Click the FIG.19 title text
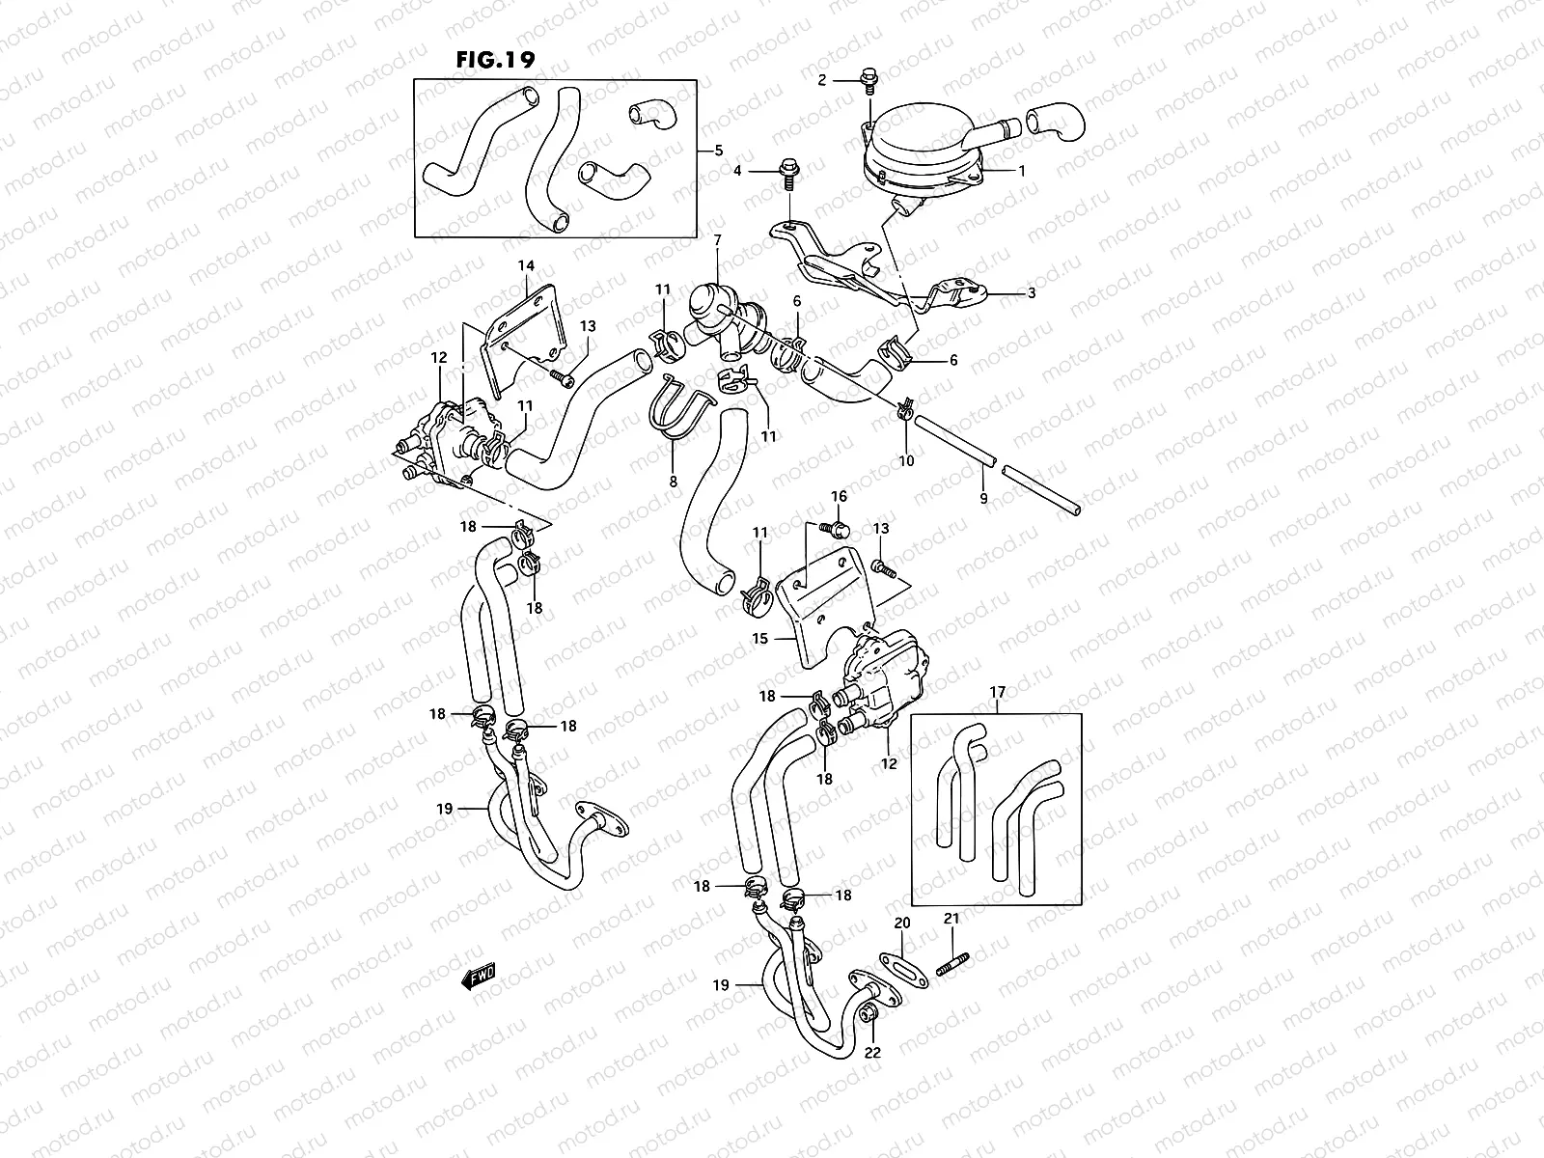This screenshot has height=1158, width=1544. (x=494, y=59)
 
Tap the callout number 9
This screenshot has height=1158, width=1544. (x=983, y=498)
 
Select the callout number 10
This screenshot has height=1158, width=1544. (x=906, y=461)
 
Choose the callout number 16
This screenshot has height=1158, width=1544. (x=839, y=496)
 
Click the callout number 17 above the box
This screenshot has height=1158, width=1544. (x=998, y=691)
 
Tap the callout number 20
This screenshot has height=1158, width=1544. (x=902, y=924)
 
